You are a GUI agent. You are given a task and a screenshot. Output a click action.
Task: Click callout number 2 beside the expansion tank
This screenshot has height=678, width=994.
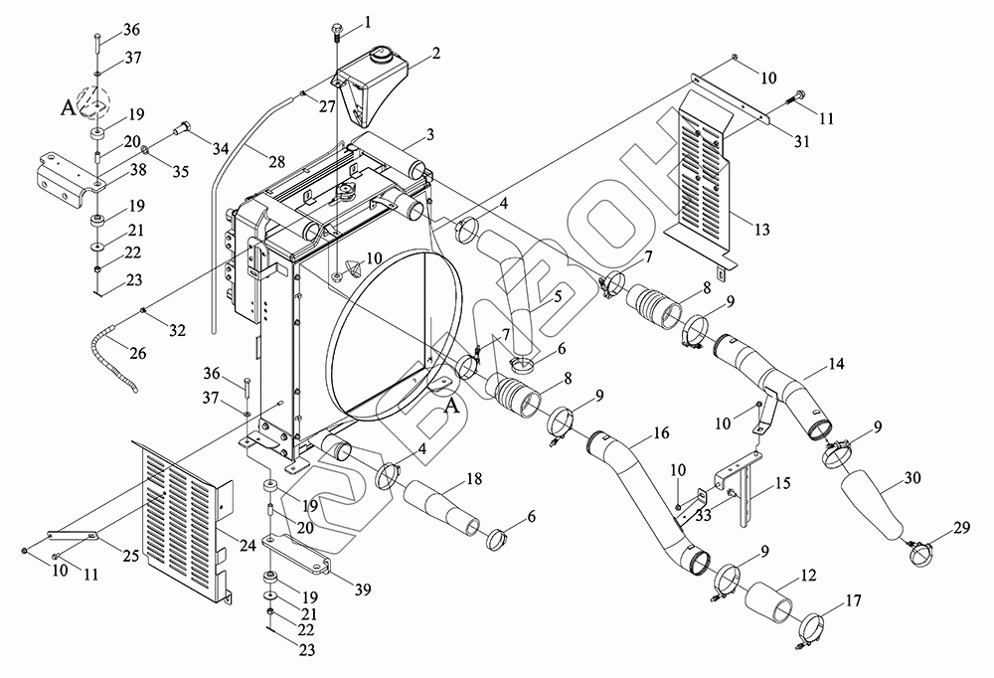click(435, 53)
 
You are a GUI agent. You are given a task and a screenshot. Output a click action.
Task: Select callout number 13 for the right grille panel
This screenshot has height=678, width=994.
click(761, 229)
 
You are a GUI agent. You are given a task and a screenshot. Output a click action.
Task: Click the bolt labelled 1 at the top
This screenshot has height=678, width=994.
click(337, 31)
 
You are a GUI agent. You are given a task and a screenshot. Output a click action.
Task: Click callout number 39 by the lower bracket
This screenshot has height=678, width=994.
click(362, 590)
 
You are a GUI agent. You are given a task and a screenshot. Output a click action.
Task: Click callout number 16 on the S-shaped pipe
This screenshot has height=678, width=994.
click(661, 433)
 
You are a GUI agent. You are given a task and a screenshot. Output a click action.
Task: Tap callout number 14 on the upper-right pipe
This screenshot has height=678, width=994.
click(836, 364)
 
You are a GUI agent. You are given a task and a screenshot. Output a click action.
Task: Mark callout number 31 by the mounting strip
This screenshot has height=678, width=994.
click(802, 141)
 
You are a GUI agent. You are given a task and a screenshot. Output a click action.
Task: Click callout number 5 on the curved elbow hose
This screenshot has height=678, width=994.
click(558, 296)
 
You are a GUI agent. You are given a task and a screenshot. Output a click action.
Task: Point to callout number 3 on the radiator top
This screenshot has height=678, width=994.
click(430, 134)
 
